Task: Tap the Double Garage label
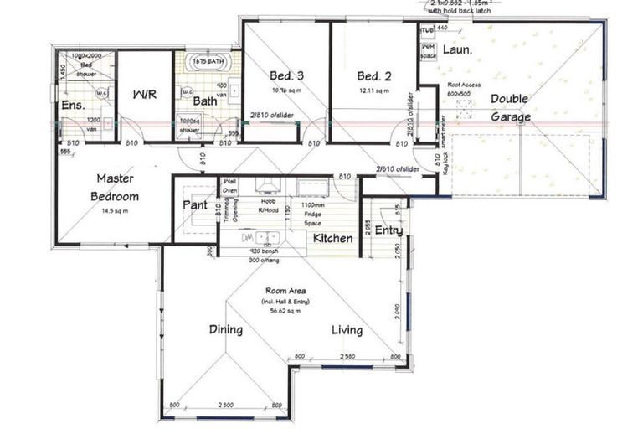(x=510, y=108)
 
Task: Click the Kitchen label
(x=332, y=239)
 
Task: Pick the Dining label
(x=225, y=329)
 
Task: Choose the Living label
(x=346, y=329)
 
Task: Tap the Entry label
(x=388, y=230)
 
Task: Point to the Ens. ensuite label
(x=72, y=106)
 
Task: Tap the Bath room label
(x=205, y=101)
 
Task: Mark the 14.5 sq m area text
(x=114, y=211)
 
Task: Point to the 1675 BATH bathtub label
(x=207, y=62)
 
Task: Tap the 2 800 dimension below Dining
(x=224, y=405)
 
